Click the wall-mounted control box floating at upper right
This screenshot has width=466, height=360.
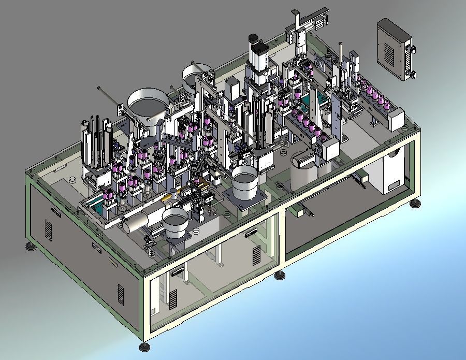(397, 49)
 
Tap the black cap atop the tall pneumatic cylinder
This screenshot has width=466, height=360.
(254, 39)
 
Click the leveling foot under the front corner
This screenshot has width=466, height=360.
(143, 345)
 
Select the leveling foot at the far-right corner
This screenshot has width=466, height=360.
(415, 203)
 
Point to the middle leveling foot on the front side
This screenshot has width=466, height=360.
(280, 275)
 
